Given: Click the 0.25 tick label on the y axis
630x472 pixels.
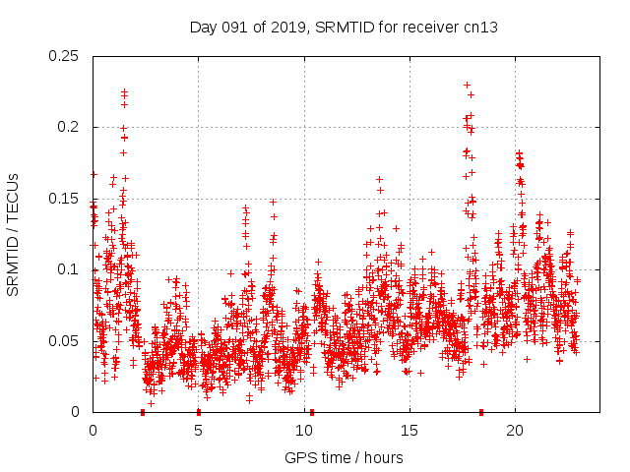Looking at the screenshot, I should (x=64, y=56).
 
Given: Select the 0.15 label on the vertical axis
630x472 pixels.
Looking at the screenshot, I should (x=64, y=199).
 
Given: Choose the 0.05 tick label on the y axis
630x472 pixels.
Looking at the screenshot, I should (x=64, y=341).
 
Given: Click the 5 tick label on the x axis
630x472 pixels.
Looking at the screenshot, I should (x=198, y=431).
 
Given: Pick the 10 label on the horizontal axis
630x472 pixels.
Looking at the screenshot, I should (x=303, y=431).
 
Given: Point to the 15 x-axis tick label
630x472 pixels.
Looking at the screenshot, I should (x=409, y=431).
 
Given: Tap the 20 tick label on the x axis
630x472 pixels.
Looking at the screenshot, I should (x=515, y=431).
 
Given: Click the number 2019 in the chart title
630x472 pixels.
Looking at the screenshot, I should (x=276, y=28).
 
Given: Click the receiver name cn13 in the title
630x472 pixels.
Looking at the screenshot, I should (x=481, y=28).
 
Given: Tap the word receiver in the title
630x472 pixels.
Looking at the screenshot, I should (x=431, y=28).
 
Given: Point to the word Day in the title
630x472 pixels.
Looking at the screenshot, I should (x=203, y=28).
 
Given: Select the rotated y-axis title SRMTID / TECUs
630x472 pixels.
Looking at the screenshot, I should (x=14, y=234).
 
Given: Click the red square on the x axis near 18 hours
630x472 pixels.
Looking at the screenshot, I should (x=481, y=412).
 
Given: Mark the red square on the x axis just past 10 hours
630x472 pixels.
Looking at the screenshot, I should (x=312, y=412).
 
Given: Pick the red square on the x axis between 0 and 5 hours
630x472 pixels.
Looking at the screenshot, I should (x=143, y=412).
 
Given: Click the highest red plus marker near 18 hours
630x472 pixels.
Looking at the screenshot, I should (x=467, y=85).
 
